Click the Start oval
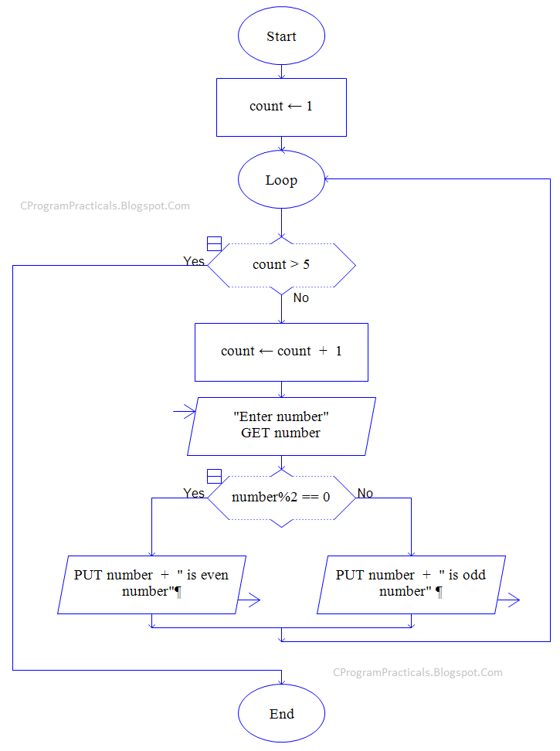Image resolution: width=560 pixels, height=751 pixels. click(x=281, y=36)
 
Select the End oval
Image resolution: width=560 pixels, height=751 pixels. click(x=281, y=714)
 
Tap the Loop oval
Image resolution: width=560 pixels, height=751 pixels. click(x=281, y=180)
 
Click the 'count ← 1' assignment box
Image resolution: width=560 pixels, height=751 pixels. click(x=281, y=107)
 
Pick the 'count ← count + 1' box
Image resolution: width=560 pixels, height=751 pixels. click(x=281, y=352)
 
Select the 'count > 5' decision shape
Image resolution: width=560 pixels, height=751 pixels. click(x=281, y=265)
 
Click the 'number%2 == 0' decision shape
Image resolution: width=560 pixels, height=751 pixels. click(x=281, y=497)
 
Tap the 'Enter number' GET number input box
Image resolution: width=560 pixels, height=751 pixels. click(x=281, y=426)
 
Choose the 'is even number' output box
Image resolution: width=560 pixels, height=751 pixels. click(x=152, y=584)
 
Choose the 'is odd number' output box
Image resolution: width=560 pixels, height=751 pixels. click(x=412, y=584)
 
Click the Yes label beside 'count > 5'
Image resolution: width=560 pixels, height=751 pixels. click(x=194, y=261)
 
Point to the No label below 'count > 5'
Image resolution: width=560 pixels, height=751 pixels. click(x=300, y=297)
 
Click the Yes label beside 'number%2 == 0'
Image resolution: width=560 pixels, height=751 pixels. click(x=194, y=493)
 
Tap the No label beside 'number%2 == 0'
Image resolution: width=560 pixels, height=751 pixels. click(x=365, y=493)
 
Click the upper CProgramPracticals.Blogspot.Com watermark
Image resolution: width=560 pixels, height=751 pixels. click(x=104, y=206)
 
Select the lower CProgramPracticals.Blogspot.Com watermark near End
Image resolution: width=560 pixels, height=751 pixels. click(x=418, y=672)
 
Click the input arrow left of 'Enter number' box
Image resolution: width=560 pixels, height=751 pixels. click(x=185, y=413)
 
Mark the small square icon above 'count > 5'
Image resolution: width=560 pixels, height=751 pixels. click(x=214, y=244)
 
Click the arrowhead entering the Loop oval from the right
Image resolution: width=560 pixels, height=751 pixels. click(x=329, y=179)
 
